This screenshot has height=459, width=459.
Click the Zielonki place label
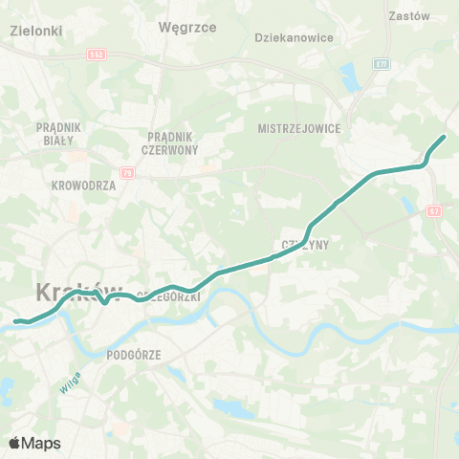(35, 31)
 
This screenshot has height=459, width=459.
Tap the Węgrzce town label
(189, 27)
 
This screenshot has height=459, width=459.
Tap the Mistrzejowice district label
(299, 127)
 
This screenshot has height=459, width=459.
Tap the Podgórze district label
(134, 354)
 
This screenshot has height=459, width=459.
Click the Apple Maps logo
(34, 443)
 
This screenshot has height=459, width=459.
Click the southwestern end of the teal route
(15, 321)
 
